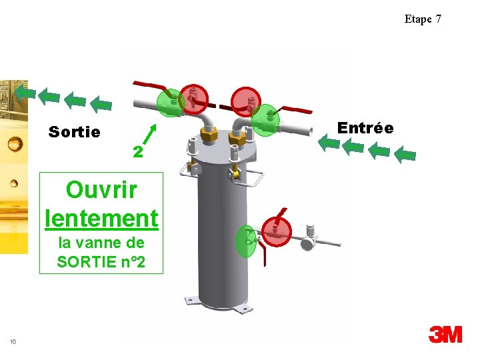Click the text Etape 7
pos(423,19)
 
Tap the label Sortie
pos(75,132)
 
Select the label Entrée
pos(365,127)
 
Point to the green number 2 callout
pos(137,152)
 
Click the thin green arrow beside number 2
pos(151,134)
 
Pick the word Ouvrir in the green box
pos(101,190)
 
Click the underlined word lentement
pos(101,217)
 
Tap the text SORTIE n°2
pos(101,262)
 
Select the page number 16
pos(13,342)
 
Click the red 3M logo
pos(445,335)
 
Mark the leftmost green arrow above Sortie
pos(25,92)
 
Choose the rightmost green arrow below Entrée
pos(405,155)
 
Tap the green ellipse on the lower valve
pos(247,241)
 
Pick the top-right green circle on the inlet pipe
pos(266,120)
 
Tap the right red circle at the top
pos(247,102)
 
